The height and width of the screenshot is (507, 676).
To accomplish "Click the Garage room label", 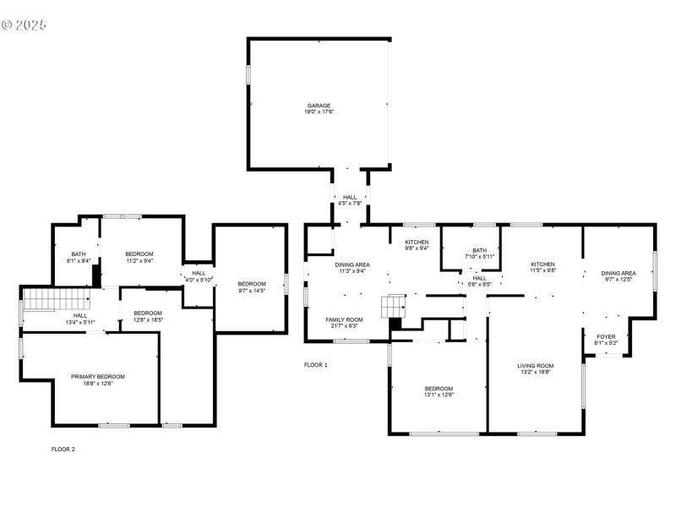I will (x=319, y=108).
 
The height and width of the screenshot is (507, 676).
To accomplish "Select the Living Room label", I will (x=535, y=368).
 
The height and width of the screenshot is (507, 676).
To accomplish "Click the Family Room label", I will (x=344, y=322).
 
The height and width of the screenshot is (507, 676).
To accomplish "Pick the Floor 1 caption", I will (x=315, y=365).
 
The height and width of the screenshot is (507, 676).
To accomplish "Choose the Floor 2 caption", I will (x=63, y=449).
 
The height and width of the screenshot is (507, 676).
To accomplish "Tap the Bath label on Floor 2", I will (x=79, y=257).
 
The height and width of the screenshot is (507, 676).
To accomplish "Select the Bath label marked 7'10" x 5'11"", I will (x=479, y=253).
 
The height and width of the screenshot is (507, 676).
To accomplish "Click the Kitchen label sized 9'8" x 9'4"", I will (x=416, y=245).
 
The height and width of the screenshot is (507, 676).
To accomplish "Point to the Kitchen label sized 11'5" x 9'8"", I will (x=542, y=267).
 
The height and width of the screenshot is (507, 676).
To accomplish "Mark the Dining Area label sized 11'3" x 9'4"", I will (x=352, y=268).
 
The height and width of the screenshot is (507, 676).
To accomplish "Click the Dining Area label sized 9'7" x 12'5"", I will (x=618, y=275).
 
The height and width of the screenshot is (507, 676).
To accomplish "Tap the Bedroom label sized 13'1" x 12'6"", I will (x=439, y=391).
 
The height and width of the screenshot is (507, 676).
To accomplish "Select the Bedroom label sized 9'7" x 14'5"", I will (x=251, y=286).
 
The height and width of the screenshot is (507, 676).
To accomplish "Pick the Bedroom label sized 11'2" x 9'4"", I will (x=139, y=257).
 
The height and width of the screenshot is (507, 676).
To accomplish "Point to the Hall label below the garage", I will (x=349, y=200).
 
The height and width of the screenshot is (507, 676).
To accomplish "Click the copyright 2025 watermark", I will (x=24, y=25).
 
